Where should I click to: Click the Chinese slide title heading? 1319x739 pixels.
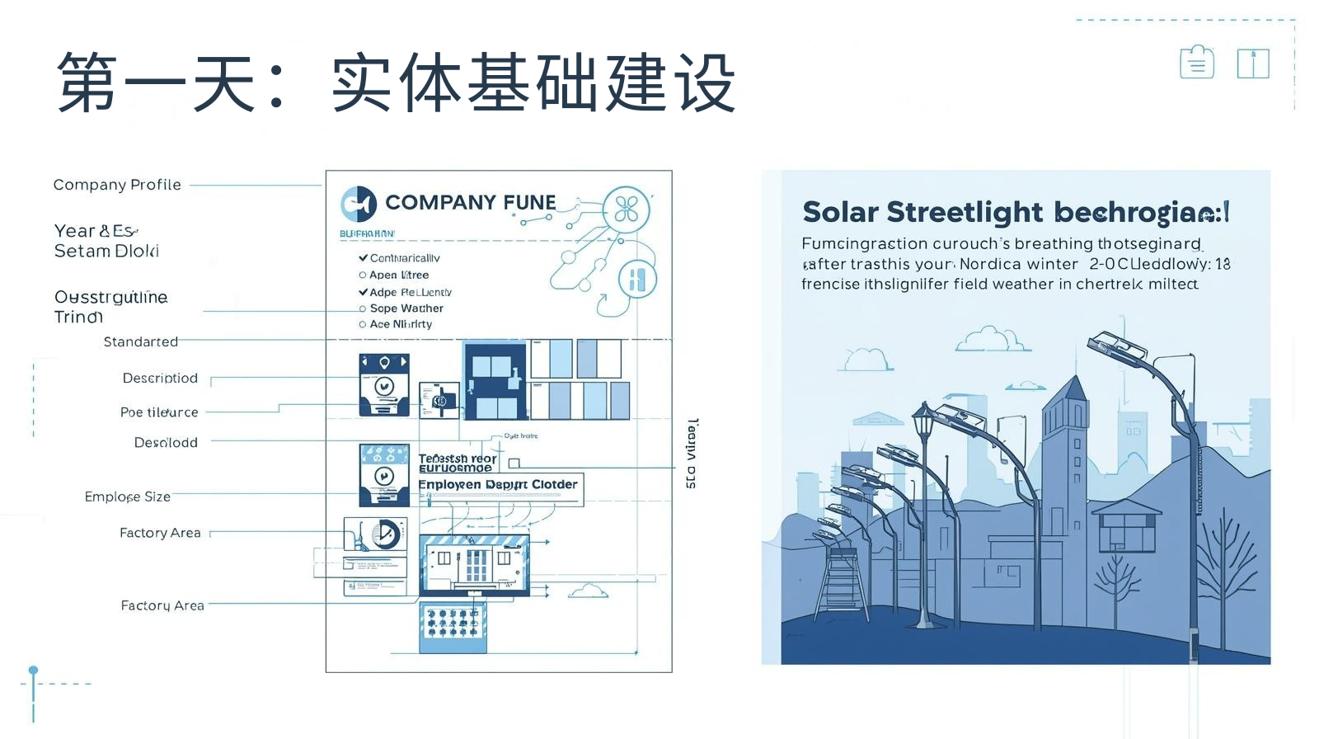tap(396, 82)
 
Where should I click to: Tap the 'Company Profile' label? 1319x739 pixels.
tap(117, 185)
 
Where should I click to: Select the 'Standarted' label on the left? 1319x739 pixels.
tap(140, 341)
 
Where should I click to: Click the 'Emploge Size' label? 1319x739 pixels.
tap(127, 497)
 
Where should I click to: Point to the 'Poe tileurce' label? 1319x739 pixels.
tap(159, 412)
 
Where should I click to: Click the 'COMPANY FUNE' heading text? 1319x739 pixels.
tap(470, 203)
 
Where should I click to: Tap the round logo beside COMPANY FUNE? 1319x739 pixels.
tap(359, 204)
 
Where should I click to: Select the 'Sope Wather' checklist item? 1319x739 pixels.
tap(406, 308)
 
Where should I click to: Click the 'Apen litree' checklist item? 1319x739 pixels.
tap(398, 275)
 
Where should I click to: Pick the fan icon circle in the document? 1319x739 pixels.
tap(626, 209)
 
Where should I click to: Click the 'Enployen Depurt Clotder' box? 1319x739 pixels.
tap(500, 485)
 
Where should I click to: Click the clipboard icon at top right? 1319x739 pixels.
tap(1196, 63)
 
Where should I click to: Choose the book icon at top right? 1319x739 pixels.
tap(1252, 64)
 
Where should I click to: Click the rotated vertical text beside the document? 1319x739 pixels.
tap(692, 453)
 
